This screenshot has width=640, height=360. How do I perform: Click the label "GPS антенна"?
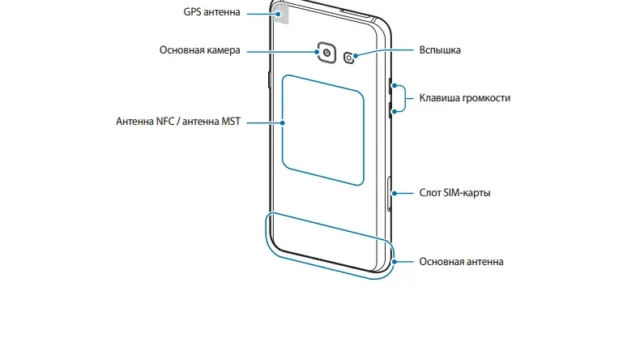[211, 12]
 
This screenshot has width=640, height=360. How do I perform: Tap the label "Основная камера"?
[200, 50]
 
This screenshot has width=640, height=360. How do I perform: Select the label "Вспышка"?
[440, 50]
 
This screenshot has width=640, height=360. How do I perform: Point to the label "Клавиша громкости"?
[465, 98]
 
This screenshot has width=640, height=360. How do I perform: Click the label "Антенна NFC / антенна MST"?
[178, 122]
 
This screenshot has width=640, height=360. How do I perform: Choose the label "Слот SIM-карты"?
[455, 193]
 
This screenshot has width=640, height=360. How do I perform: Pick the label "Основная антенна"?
[461, 262]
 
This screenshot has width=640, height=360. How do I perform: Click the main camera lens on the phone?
[327, 52]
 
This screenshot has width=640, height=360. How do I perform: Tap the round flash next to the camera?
[349, 58]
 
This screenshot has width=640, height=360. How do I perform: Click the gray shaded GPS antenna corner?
[281, 13]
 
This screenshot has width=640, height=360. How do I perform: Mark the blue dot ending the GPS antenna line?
[279, 13]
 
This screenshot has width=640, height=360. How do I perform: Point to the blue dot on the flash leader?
[356, 56]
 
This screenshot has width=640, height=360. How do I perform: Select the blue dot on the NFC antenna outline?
[283, 122]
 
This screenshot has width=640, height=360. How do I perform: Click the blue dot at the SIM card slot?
[394, 193]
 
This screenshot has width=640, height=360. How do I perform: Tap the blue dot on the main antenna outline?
[394, 262]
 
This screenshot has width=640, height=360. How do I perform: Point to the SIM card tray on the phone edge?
[389, 194]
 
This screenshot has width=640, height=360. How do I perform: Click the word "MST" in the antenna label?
[231, 122]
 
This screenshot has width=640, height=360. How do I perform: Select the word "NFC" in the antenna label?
[165, 122]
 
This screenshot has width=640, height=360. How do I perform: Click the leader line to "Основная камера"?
[282, 51]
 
